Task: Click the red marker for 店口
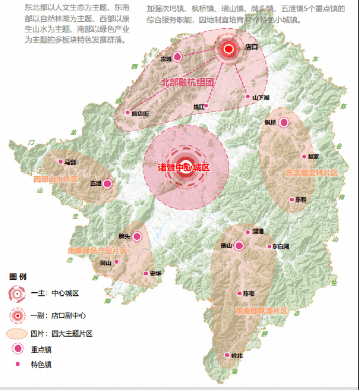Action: pos(228,50)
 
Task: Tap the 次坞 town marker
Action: pos(177,57)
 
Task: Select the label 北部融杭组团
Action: pos(188,82)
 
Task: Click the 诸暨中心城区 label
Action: pos(185,168)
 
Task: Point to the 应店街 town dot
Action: pos(127,112)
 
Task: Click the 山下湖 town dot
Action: pos(248,96)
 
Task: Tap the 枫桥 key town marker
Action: pos(283,123)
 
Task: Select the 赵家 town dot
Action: pos(304,156)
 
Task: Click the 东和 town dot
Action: pos(292,199)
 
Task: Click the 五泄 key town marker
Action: pos(108,183)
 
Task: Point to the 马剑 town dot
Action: pos(61,162)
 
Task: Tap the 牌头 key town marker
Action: pos(137,236)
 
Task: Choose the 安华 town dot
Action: pos(145,273)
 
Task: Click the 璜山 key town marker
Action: pos(238,246)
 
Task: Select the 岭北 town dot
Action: pos(227,355)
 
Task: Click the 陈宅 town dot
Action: pos(239,293)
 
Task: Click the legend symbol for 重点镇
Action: pos(18,348)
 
